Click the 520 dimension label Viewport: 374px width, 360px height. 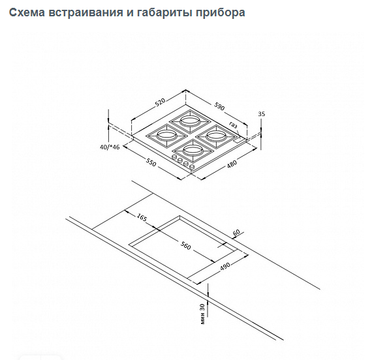160,102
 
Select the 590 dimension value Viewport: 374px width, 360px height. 219,106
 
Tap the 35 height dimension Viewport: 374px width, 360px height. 262,114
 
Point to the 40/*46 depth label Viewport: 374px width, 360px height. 110,147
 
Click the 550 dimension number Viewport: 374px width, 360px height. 151,162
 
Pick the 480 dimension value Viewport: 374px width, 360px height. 232,164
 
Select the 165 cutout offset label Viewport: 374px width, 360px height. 142,217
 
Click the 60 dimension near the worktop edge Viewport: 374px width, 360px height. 236,232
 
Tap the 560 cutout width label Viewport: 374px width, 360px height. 185,246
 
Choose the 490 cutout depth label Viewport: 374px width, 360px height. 225,266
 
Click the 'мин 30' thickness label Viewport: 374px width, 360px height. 202,314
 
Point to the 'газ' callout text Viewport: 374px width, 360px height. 233,125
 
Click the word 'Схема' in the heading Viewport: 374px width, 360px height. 27,12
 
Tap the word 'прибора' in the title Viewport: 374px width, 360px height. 221,13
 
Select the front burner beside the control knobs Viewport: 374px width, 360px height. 193,151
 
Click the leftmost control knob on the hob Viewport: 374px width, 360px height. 174,157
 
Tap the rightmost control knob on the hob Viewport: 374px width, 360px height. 192,167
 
